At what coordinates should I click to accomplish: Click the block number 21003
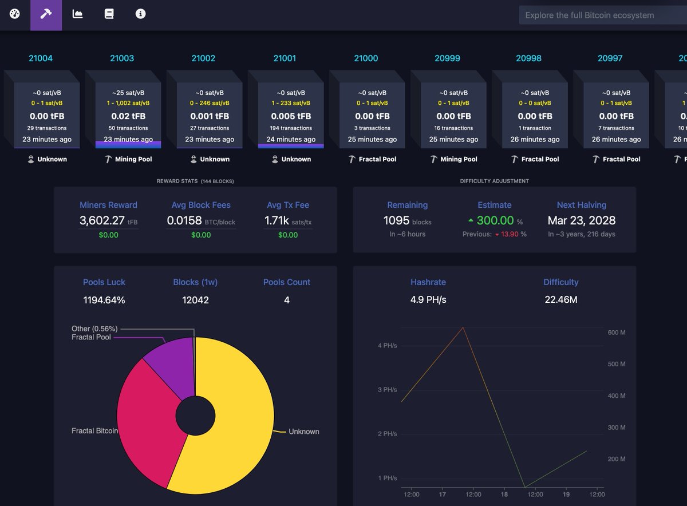click(x=122, y=58)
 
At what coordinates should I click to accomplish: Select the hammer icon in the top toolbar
click(x=46, y=14)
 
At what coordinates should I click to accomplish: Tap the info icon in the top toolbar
click(x=140, y=14)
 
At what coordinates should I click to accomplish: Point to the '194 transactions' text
click(x=291, y=128)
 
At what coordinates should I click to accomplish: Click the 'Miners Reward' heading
click(x=108, y=205)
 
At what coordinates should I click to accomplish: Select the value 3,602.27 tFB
click(x=108, y=220)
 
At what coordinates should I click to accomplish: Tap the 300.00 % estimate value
click(x=495, y=220)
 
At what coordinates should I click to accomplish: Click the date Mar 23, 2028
click(x=582, y=220)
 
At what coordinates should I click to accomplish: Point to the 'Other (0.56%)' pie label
click(x=94, y=329)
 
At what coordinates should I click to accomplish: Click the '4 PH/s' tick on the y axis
click(x=388, y=346)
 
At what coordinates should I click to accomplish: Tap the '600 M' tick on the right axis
click(x=617, y=333)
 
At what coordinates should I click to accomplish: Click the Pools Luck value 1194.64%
click(x=104, y=300)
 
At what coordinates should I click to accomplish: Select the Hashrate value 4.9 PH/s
click(x=428, y=299)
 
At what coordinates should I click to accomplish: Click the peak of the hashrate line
click(x=463, y=327)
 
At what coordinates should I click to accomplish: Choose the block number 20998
click(x=528, y=58)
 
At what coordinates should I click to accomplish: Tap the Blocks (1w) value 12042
click(x=195, y=300)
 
